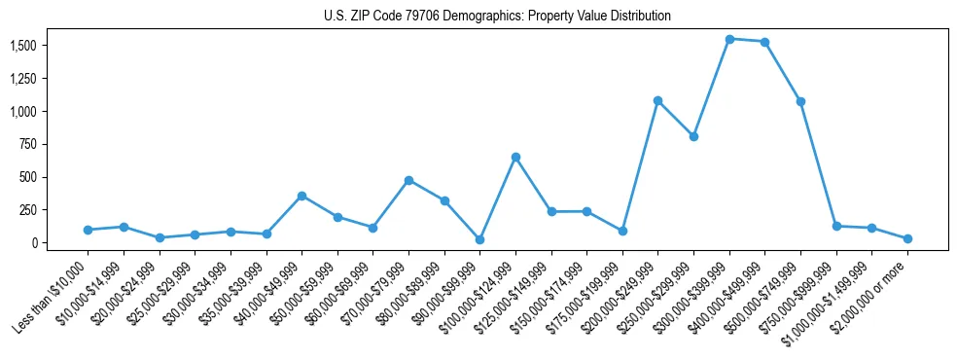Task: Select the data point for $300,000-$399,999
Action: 729,39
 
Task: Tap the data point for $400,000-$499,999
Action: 765,42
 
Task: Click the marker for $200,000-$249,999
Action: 658,100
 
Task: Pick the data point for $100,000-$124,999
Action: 515,157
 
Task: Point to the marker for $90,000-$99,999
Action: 479,239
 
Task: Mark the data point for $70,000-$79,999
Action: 408,180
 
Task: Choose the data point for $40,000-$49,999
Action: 301,196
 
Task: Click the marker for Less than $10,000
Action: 88,230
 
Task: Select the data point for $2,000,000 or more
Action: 907,238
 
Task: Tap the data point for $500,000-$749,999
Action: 800,101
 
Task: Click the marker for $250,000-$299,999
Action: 693,136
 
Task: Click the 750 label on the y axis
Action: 27,144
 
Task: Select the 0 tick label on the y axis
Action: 33,242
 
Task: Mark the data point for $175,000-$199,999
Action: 622,231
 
